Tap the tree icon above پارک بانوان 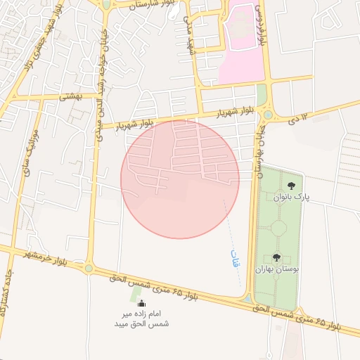[x=291, y=186]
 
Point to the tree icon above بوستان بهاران [x=276, y=258]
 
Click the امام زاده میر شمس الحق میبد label [x=142, y=318]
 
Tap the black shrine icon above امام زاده [x=143, y=302]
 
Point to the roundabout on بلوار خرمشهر [x=89, y=266]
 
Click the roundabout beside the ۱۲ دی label [x=268, y=114]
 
